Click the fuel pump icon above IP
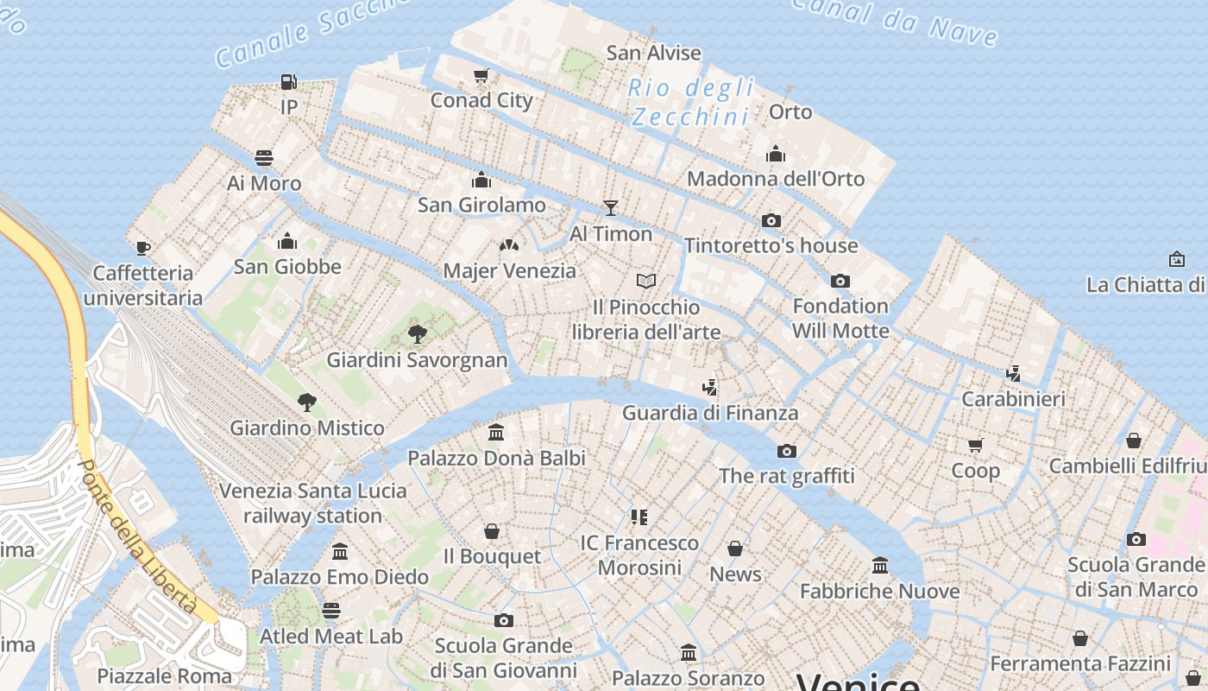tap(288, 82)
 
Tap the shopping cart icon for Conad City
tap(481, 76)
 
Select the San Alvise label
tap(653, 53)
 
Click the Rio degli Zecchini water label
tap(690, 102)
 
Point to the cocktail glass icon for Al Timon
tap(611, 207)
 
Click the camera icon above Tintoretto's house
tap(771, 220)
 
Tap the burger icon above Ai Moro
tap(264, 158)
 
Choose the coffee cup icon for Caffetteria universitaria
tap(143, 248)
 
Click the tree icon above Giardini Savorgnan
tap(417, 334)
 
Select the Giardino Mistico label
tap(307, 428)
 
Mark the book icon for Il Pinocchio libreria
tap(646, 281)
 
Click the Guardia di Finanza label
tap(710, 413)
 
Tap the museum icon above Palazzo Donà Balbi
tap(496, 432)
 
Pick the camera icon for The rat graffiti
tap(786, 451)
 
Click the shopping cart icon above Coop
tap(975, 446)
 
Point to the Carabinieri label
tap(1014, 399)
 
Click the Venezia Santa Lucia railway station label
tap(312, 503)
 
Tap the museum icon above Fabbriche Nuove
tap(880, 566)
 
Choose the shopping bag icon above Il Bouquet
tap(492, 530)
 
